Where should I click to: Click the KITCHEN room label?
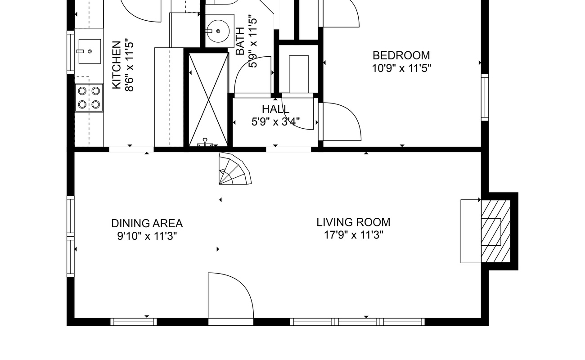pyautogui.click(x=117, y=65)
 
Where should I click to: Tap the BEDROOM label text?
pyautogui.click(x=401, y=55)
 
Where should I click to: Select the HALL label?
pyautogui.click(x=275, y=109)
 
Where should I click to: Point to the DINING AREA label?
pyautogui.click(x=147, y=224)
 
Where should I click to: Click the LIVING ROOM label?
pyautogui.click(x=353, y=222)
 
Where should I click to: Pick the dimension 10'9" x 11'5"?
pyautogui.click(x=401, y=68)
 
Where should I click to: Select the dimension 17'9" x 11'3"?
pyautogui.click(x=354, y=235)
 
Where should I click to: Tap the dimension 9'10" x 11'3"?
pyautogui.click(x=147, y=236)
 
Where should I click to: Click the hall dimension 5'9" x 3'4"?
pyautogui.click(x=275, y=122)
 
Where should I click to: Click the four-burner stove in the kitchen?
pyautogui.click(x=89, y=98)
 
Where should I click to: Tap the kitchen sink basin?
pyautogui.click(x=90, y=51)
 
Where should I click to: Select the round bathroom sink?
pyautogui.click(x=218, y=31)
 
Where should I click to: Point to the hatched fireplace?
pyautogui.click(x=496, y=231)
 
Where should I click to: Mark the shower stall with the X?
pyautogui.click(x=208, y=99)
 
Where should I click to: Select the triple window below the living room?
pyautogui.click(x=357, y=322)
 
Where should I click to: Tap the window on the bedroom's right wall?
pyautogui.click(x=485, y=98)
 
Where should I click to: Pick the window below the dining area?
pyautogui.click(x=134, y=322)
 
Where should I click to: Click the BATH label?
pyautogui.click(x=240, y=41)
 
